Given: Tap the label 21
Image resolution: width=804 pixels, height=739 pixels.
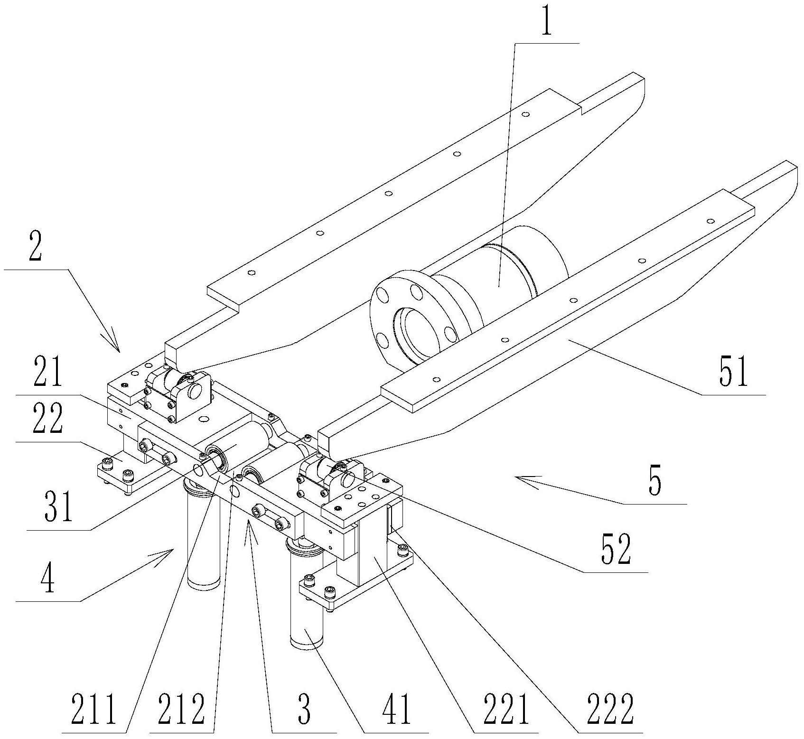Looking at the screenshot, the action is coord(47,372).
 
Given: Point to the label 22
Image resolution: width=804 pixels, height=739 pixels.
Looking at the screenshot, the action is coord(47,418).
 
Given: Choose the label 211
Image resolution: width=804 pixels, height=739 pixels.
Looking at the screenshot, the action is coord(93,709).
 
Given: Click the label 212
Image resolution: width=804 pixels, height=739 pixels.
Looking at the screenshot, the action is coord(182,709).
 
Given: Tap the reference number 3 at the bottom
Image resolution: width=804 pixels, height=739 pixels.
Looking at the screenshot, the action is coord(304,709).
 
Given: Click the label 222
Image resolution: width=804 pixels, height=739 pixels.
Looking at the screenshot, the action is coord(610,709).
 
